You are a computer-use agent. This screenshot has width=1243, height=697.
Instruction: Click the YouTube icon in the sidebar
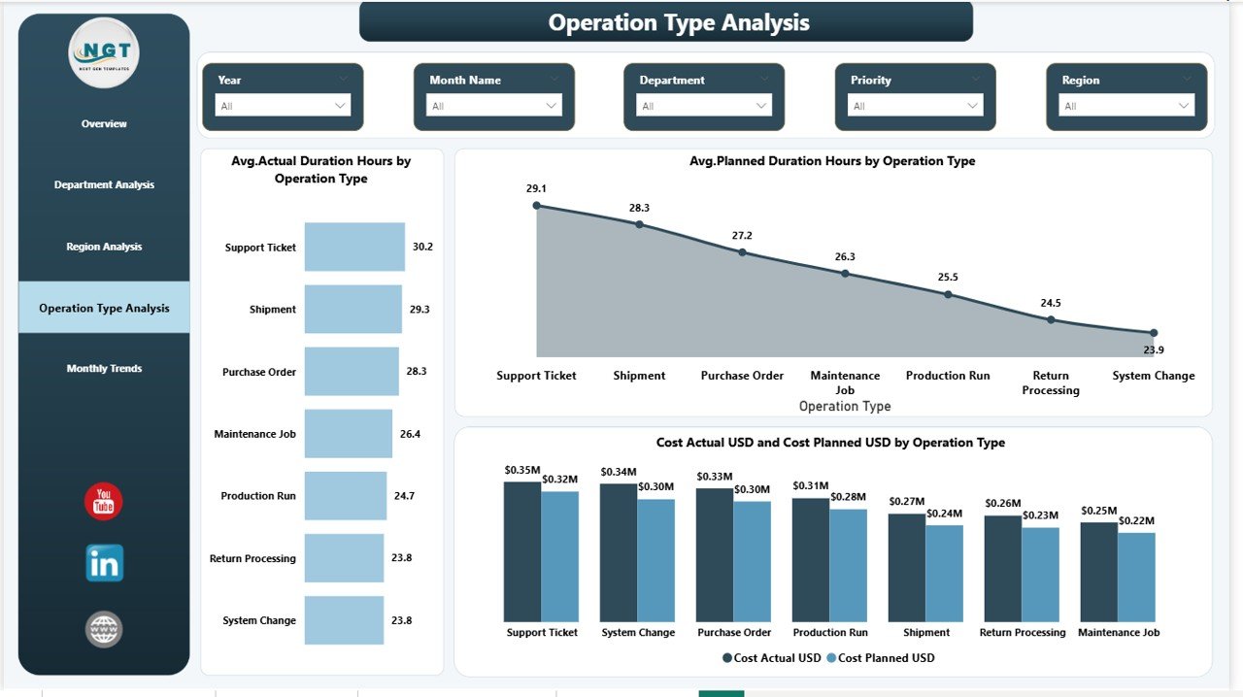tap(104, 501)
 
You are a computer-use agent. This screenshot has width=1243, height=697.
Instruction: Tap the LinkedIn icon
tap(104, 563)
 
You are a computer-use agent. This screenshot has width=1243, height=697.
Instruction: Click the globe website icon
tap(104, 629)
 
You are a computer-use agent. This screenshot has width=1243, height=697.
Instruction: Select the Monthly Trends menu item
tap(104, 369)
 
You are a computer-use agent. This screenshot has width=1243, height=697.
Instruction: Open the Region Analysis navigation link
tap(104, 247)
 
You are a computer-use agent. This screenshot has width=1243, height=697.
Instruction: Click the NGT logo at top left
tap(104, 52)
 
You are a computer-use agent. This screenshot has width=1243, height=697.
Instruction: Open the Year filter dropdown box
tap(283, 106)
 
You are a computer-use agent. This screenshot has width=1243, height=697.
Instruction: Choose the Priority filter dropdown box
tap(916, 106)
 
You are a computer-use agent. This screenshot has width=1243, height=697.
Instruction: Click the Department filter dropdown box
tap(704, 106)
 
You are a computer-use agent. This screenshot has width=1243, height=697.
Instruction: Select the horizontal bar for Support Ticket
tap(354, 247)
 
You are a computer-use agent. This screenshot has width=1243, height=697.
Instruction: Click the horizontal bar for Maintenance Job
tap(348, 433)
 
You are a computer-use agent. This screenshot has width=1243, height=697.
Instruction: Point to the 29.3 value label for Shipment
tap(420, 310)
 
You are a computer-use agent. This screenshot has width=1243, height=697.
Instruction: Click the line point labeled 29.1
tap(537, 206)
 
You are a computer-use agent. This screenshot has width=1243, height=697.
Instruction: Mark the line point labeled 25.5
tap(948, 294)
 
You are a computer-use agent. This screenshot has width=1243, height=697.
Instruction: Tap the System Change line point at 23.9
tap(1154, 333)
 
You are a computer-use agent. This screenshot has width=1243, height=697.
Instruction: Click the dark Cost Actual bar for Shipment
tap(906, 568)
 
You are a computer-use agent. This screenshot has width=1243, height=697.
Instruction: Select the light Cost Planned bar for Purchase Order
tap(752, 561)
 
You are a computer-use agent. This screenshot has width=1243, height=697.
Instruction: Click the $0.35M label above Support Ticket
tap(521, 471)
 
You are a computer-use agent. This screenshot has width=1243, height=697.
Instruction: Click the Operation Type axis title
tap(844, 407)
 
